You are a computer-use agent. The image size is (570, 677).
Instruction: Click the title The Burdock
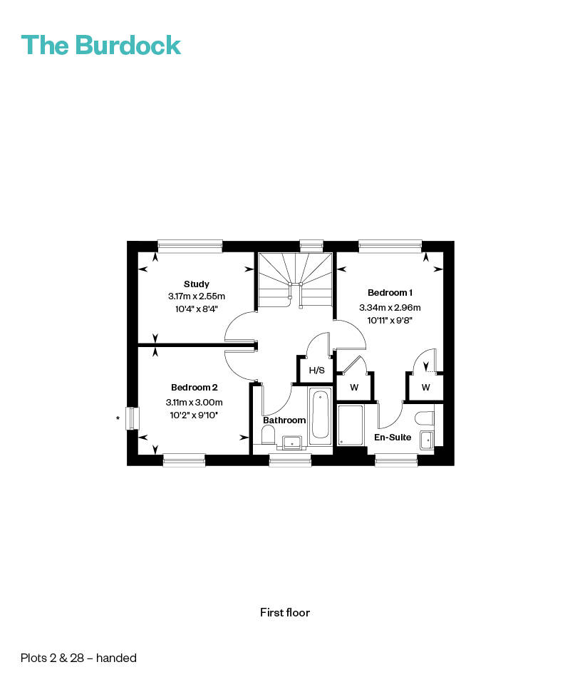click(100, 45)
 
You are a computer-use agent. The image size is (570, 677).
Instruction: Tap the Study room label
click(197, 284)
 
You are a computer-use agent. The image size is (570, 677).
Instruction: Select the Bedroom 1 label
click(390, 293)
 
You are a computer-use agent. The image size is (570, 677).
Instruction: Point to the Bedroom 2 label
click(195, 387)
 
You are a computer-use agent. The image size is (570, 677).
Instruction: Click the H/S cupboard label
click(316, 371)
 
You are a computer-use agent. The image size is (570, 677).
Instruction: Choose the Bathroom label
click(284, 420)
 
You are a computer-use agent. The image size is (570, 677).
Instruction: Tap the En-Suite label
click(393, 438)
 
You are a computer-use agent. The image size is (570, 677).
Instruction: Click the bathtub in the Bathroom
click(321, 415)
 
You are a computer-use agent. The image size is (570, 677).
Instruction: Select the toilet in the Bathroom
click(268, 435)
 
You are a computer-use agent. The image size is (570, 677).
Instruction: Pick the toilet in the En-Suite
click(425, 418)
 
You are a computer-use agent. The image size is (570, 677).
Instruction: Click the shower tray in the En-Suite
click(351, 425)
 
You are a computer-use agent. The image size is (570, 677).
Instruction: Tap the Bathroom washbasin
click(292, 443)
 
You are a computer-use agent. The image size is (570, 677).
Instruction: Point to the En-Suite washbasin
click(427, 440)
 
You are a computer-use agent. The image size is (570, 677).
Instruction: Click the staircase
click(296, 281)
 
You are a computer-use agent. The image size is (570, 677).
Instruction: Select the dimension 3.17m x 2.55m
click(197, 296)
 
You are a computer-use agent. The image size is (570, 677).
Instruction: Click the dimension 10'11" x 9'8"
click(390, 321)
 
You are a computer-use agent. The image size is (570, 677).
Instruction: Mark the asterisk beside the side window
click(118, 418)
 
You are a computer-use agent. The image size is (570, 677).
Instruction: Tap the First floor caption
click(285, 612)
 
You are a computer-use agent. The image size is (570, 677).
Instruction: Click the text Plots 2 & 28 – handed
click(78, 658)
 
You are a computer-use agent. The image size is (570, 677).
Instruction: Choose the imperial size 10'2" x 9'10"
click(194, 415)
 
